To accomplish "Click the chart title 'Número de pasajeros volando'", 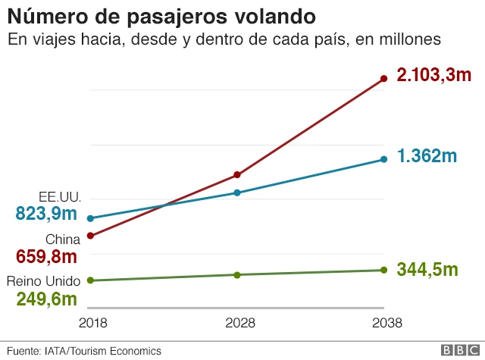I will click(x=162, y=16).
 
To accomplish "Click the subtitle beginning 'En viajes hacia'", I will click(x=224, y=39).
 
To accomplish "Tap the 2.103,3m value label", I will click(x=434, y=75).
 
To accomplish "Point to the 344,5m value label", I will click(x=427, y=269).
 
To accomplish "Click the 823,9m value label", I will click(x=46, y=214).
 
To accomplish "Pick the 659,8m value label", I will click(x=46, y=256).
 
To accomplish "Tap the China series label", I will click(x=63, y=239).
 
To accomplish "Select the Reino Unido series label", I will click(x=43, y=281).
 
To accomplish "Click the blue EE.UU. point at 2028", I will click(x=237, y=193).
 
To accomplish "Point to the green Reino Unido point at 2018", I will click(x=90, y=280).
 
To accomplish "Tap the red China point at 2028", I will click(x=237, y=175).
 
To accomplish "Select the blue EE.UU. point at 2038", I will click(x=383, y=159).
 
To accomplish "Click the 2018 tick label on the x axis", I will click(x=92, y=323).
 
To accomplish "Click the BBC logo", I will click(x=458, y=350).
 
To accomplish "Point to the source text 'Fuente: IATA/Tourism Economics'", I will click(x=84, y=351).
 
